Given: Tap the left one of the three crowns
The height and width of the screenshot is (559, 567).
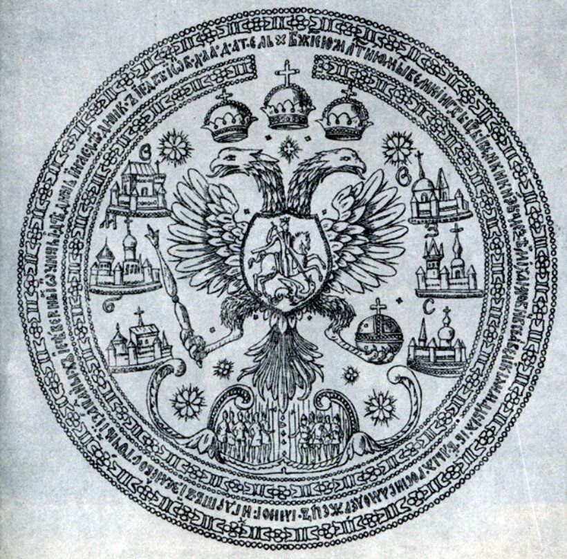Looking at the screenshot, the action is (229, 120).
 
